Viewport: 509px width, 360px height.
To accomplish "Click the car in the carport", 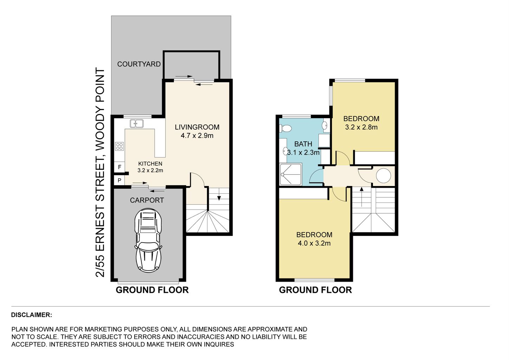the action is pos(148,240).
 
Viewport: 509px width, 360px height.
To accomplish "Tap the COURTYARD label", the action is pos(139,64).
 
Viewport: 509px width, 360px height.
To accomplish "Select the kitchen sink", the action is pos(137,123).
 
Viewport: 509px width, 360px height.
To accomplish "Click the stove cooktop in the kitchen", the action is pos(119,146).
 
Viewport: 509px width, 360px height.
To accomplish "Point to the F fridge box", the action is pos(119,167).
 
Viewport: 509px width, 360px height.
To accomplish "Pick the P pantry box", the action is pos(119,180).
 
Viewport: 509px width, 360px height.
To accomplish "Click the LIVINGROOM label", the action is pos(197,127).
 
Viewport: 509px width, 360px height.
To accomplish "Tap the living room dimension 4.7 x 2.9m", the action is pos(197,136).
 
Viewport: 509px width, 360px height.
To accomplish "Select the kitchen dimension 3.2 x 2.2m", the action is pos(150,170).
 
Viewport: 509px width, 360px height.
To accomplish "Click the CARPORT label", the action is pos(147,200).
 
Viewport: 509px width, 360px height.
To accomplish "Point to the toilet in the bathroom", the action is pos(285,128).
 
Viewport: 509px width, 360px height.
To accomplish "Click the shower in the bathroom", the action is pos(291,174).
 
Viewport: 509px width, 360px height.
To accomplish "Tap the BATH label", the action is pos(303,144).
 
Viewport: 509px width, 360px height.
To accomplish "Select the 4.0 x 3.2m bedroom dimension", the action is pos(314,243).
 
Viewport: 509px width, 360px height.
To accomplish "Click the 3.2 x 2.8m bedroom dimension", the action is pos(361,127).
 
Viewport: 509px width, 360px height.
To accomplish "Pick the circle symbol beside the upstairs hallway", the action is pos(384,175).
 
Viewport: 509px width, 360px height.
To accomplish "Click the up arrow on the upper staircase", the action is pos(361,197).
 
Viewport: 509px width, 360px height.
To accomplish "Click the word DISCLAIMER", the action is pos(32,315).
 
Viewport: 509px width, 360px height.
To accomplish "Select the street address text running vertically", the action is pos(100,172).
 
